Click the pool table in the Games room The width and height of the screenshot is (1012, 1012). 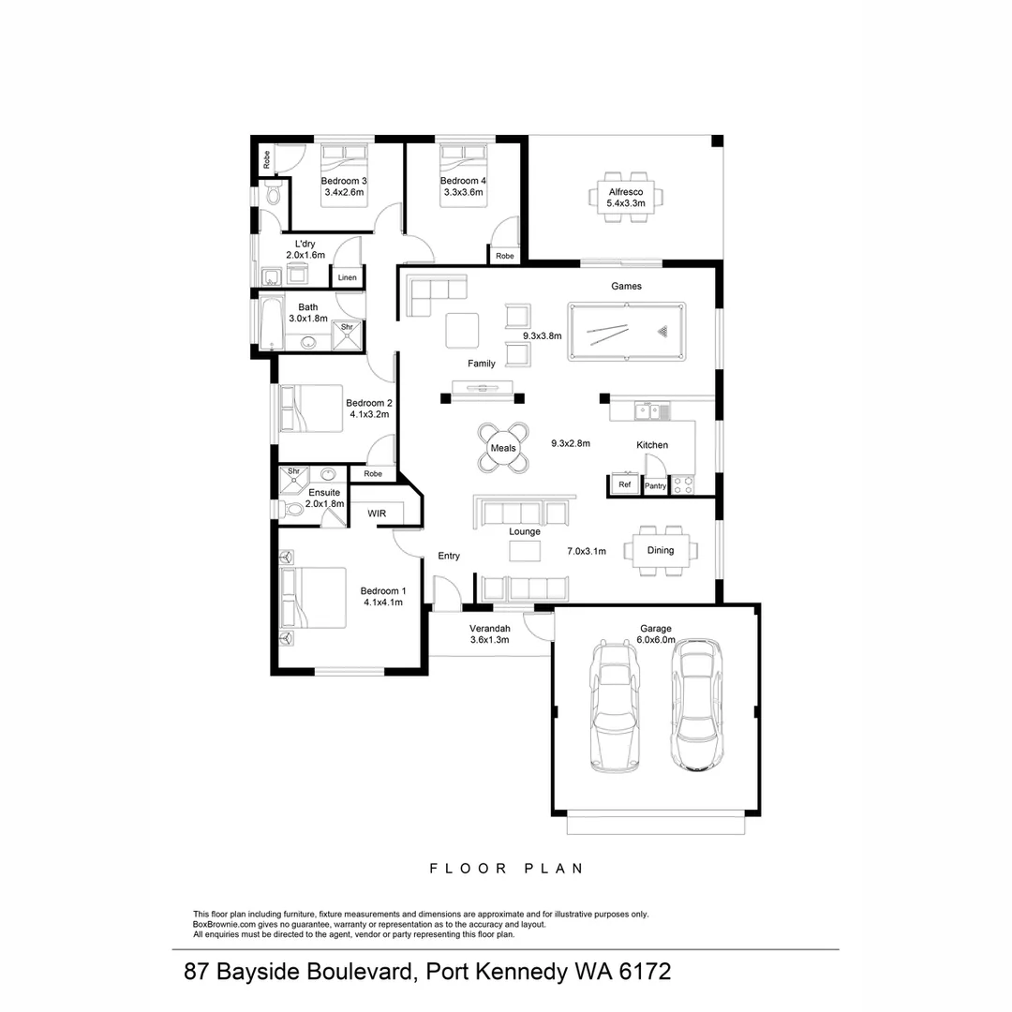(x=626, y=331)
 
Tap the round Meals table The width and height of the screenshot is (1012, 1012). (x=503, y=448)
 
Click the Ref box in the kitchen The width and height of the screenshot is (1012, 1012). (x=624, y=484)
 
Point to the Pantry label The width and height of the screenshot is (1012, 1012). (x=655, y=485)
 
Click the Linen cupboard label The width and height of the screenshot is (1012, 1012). (x=347, y=277)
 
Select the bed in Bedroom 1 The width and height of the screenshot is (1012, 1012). (x=314, y=599)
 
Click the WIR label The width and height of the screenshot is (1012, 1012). (x=377, y=513)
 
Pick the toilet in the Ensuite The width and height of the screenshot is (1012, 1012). (x=294, y=509)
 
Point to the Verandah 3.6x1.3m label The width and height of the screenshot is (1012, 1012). (x=489, y=634)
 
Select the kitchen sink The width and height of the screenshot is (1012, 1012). (x=648, y=409)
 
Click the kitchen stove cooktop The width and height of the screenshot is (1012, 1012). (x=682, y=484)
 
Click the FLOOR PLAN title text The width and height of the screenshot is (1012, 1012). (x=506, y=869)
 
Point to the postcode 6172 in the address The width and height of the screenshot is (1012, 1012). (x=645, y=971)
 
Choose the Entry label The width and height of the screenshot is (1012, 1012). (x=449, y=556)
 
